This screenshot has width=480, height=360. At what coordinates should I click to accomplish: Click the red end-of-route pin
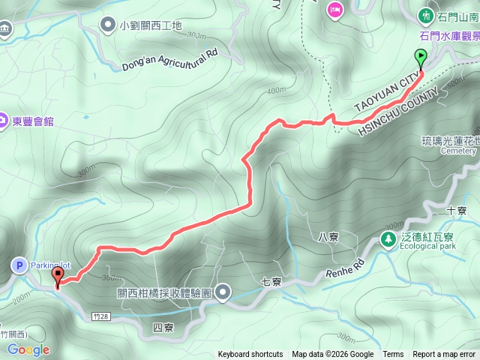click(58, 276)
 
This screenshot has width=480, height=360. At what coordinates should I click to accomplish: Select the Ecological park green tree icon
click(388, 240)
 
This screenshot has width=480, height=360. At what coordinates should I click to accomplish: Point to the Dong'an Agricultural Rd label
click(169, 59)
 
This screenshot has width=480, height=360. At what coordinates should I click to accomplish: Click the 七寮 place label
click(271, 283)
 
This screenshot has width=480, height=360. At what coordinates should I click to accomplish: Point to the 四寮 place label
click(163, 328)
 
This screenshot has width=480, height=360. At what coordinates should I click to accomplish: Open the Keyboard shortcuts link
click(250, 355)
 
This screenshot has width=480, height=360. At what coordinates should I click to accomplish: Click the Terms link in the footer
click(393, 355)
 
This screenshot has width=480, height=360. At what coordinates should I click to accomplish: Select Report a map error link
click(444, 355)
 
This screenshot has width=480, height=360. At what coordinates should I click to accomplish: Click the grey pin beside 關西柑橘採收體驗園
click(223, 292)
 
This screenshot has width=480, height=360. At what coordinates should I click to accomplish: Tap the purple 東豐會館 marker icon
click(4, 121)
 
